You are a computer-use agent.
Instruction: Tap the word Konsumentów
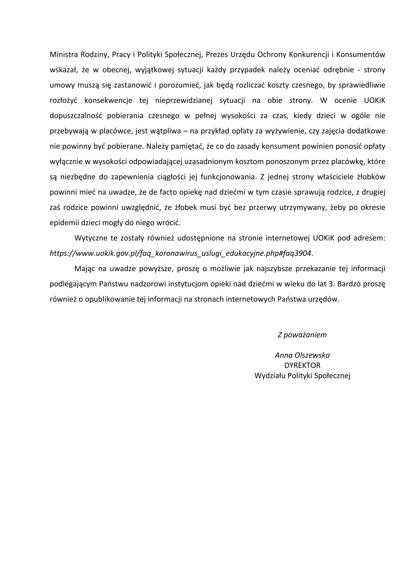click(x=361, y=55)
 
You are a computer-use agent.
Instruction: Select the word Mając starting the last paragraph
click(x=85, y=269)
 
